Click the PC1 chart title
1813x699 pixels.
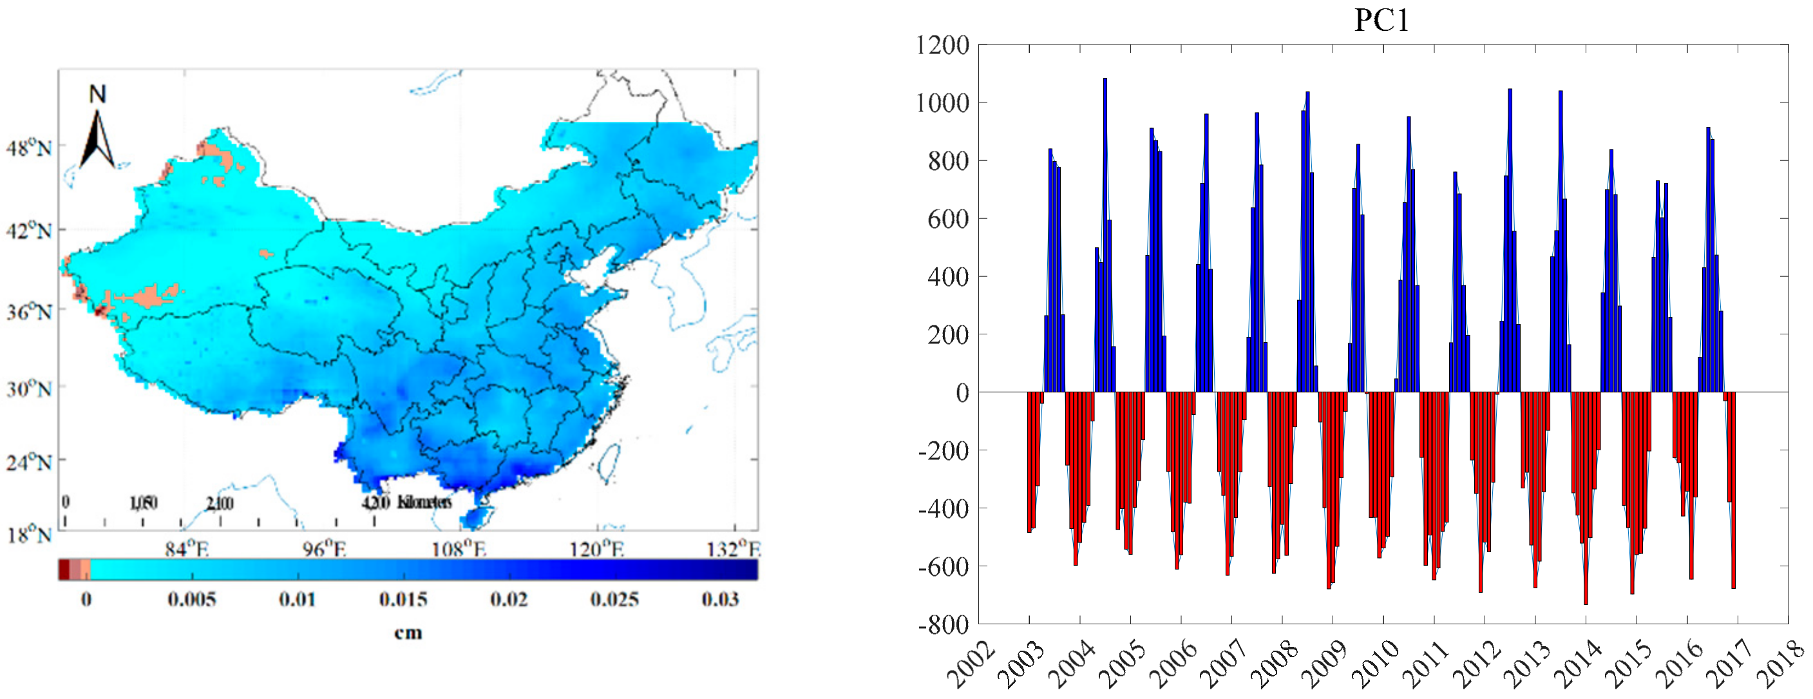1382,20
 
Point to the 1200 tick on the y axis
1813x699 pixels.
942,45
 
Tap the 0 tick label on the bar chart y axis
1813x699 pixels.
962,393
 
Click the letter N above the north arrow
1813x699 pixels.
97,94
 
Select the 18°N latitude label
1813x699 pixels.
29,535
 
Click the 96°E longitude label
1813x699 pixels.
325,548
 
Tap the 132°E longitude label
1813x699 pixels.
734,548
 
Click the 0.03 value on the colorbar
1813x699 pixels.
719,600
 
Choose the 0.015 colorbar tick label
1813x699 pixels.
403,600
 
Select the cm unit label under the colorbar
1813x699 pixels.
408,633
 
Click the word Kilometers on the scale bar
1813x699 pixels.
424,502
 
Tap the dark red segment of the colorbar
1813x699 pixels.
63,569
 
